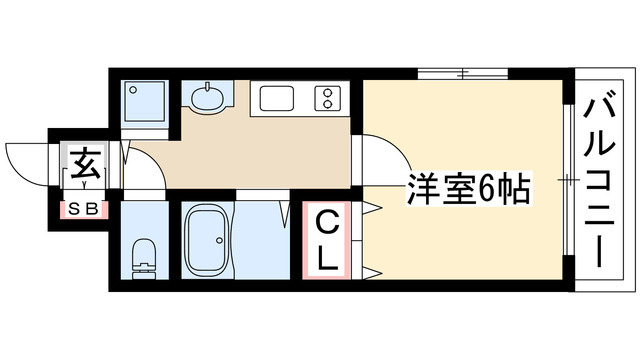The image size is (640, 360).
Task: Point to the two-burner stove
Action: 327,98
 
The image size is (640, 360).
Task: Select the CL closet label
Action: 327,240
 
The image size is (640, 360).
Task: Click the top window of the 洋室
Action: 464,73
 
